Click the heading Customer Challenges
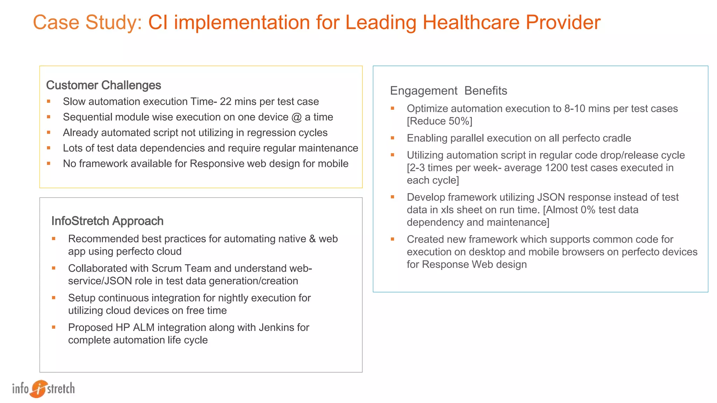click(x=104, y=85)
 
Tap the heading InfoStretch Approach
click(x=107, y=221)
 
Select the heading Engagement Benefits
click(x=448, y=91)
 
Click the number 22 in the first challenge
click(x=225, y=101)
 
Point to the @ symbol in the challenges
click(x=296, y=117)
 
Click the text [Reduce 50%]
click(x=439, y=121)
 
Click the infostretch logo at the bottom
click(x=43, y=389)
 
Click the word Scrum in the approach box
click(x=166, y=268)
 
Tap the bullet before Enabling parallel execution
click(x=392, y=138)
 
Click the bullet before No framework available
click(x=49, y=163)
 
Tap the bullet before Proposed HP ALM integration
click(x=54, y=327)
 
